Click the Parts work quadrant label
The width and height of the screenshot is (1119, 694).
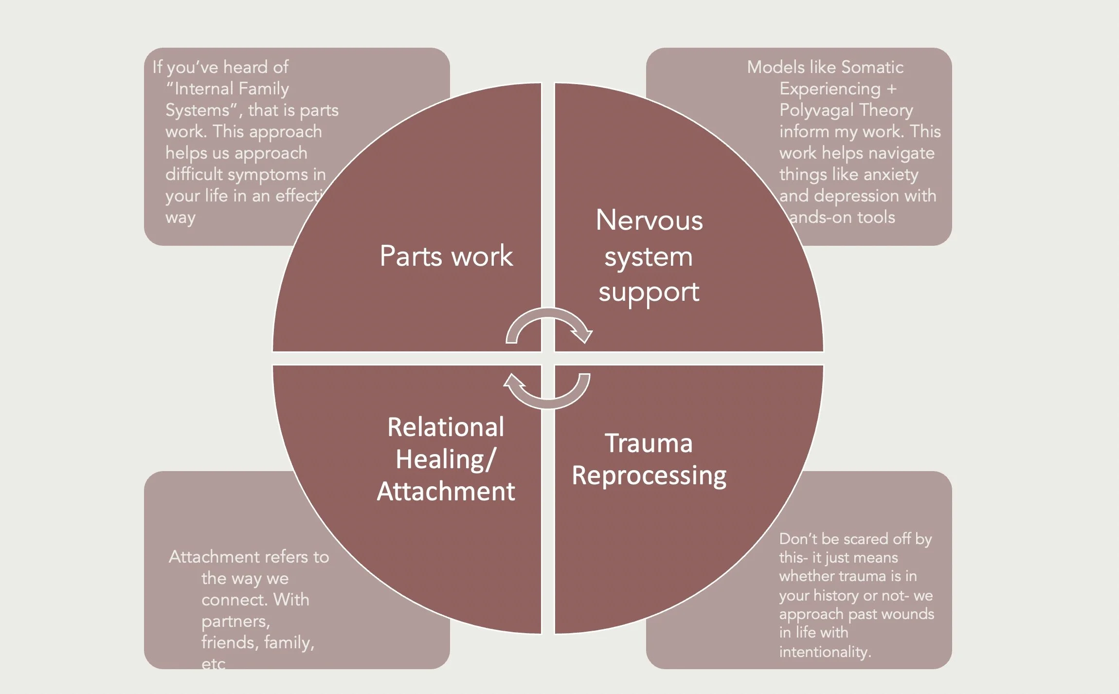pos(446,256)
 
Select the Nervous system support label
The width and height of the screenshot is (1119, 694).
pos(649,256)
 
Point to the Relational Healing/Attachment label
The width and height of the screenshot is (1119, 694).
pos(446,459)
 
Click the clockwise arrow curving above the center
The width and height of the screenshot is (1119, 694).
pos(548,324)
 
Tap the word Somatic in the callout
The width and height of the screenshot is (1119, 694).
pos(872,67)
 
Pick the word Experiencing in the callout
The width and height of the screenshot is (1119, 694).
pos(830,89)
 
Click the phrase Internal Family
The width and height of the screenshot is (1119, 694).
pos(232,89)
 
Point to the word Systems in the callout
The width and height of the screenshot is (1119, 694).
pos(198,110)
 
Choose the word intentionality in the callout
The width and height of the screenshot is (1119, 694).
pos(825,652)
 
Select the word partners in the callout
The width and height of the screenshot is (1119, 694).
pos(235,621)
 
